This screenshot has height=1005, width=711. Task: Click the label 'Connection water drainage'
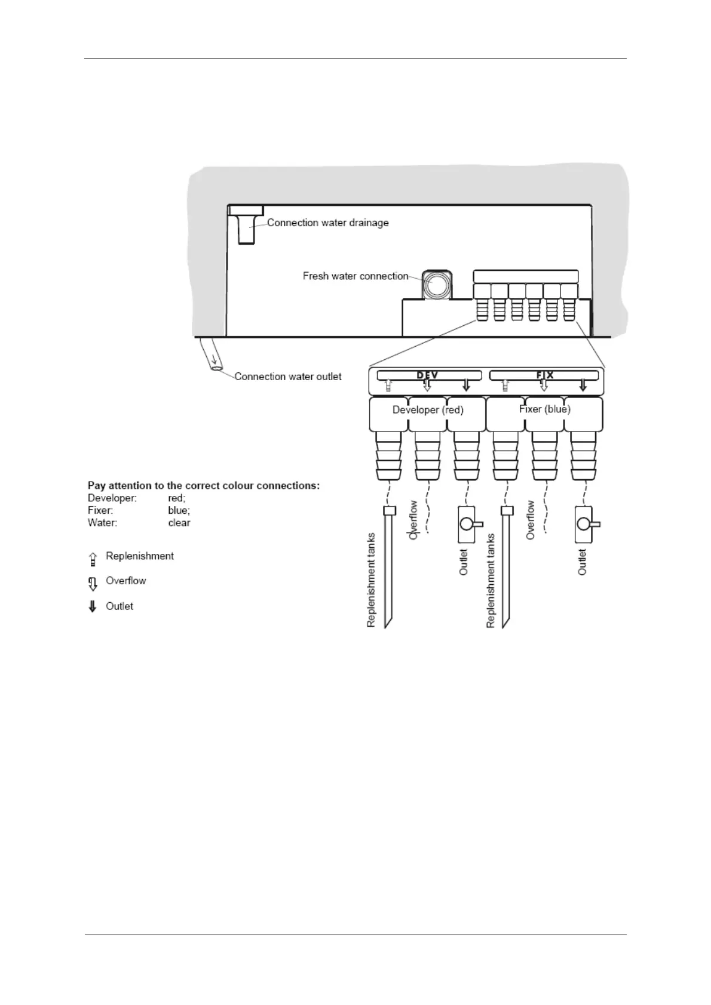327,223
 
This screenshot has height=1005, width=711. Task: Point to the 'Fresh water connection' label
355,276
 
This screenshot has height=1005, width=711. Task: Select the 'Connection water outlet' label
288,377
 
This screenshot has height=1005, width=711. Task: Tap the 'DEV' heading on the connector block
427,375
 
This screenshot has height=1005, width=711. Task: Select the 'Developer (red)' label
428,410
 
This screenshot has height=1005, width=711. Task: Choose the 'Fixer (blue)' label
544,409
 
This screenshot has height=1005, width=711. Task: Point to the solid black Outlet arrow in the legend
93,607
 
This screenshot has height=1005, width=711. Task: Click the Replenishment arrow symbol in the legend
93,559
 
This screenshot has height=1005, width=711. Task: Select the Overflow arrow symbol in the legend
93,582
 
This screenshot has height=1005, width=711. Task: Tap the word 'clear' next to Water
179,523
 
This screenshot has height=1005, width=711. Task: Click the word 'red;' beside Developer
177,498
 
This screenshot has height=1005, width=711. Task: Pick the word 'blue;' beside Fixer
179,510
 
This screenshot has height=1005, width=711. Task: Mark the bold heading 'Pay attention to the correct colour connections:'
204,485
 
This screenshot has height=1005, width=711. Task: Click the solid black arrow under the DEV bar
466,386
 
